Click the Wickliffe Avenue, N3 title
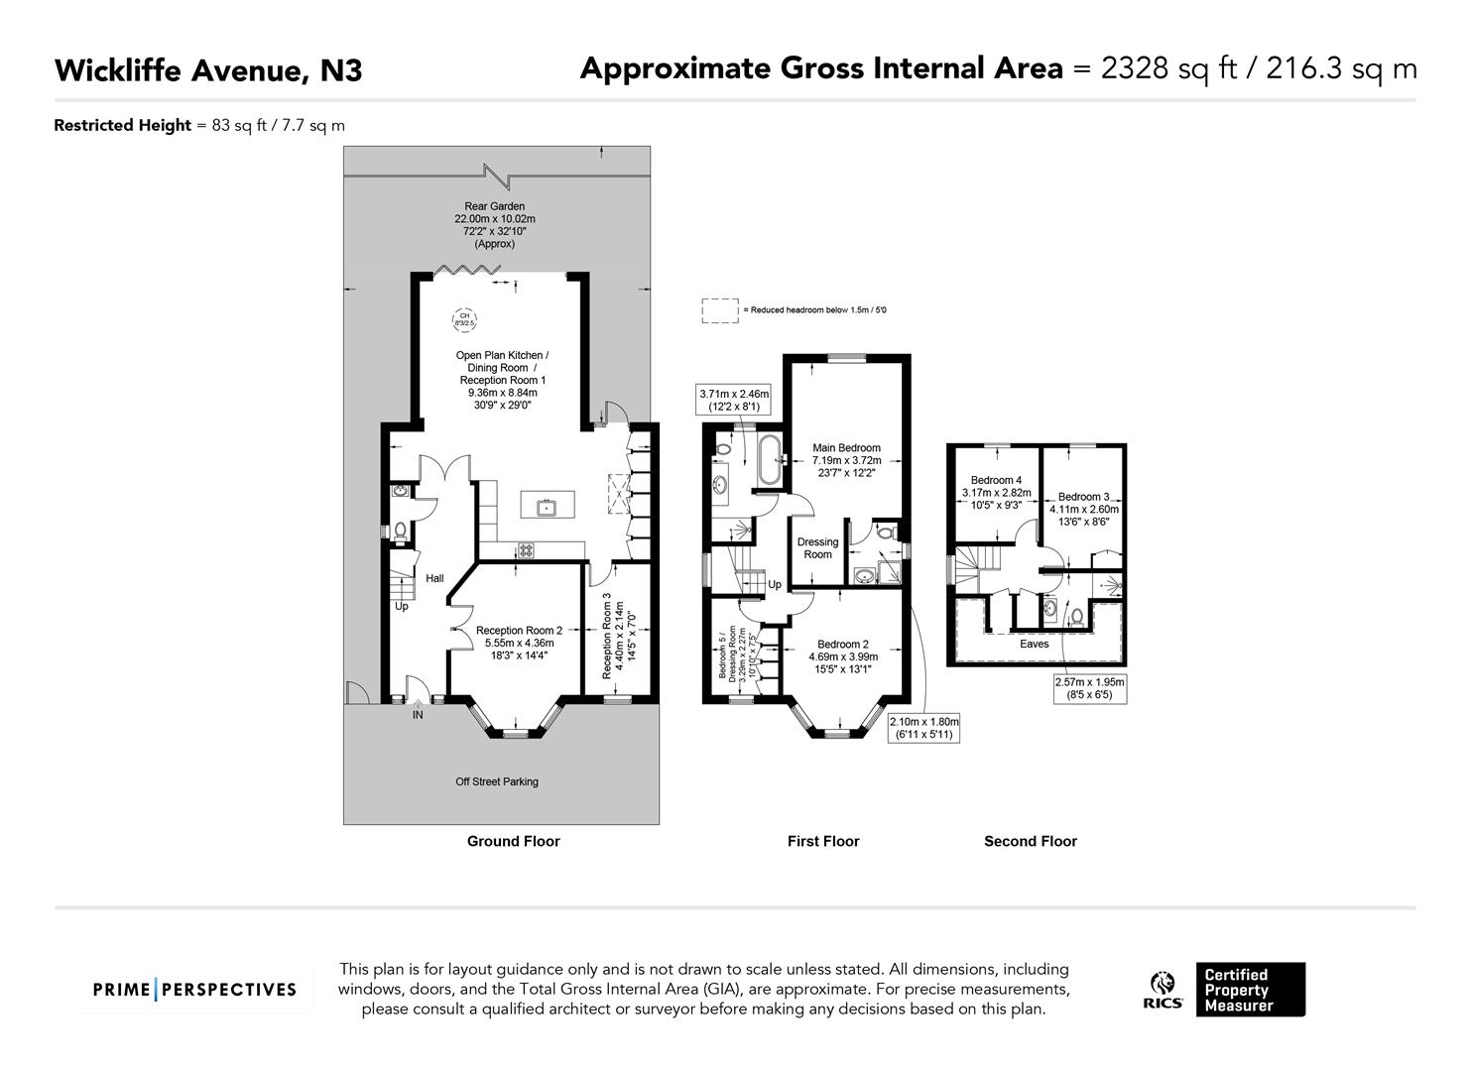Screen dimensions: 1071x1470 point(208,70)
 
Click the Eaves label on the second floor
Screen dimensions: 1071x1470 point(1034,644)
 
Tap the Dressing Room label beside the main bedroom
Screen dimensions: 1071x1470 point(817,548)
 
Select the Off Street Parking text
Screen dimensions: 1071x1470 point(497,781)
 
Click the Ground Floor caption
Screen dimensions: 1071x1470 point(513,841)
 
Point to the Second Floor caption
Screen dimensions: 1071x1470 point(1030,841)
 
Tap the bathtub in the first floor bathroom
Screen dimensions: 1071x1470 point(767,460)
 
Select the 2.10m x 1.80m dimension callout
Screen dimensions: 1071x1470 point(923,728)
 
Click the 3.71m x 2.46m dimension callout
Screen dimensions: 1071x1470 point(734,400)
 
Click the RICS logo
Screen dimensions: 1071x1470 point(1163,990)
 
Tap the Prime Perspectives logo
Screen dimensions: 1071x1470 point(194,990)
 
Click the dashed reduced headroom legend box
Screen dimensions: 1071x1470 point(720,310)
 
